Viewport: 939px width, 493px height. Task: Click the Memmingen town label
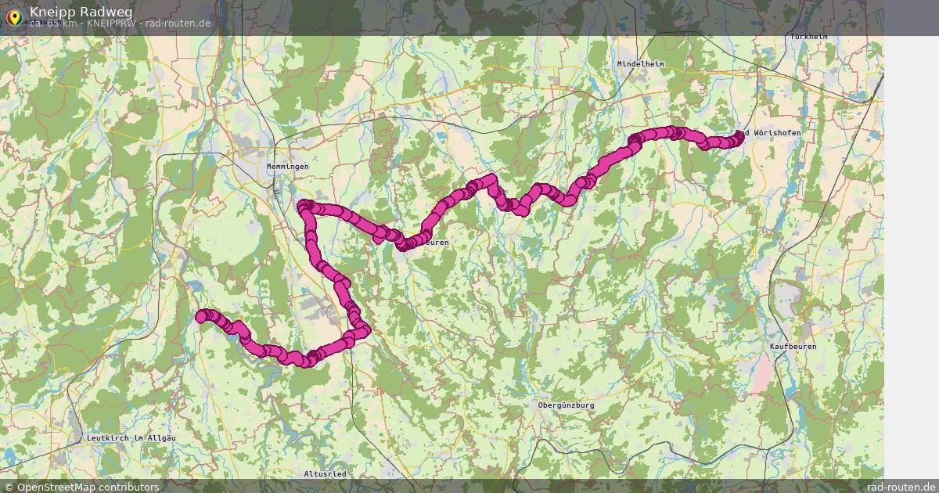click(287, 167)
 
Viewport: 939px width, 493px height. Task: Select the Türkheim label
click(808, 37)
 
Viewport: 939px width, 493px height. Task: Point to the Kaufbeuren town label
click(793, 346)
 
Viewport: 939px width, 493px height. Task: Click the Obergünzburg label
click(566, 405)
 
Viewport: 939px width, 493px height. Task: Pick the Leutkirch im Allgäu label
click(131, 437)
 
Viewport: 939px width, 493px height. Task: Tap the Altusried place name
click(325, 474)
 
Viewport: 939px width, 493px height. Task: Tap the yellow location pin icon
click(13, 16)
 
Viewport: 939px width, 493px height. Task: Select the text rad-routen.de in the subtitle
click(178, 23)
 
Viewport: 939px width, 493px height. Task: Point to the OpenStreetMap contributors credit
click(87, 487)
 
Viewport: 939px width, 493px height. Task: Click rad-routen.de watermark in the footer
click(901, 487)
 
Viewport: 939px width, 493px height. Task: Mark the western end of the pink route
click(201, 316)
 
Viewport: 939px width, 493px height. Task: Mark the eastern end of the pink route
click(739, 135)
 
